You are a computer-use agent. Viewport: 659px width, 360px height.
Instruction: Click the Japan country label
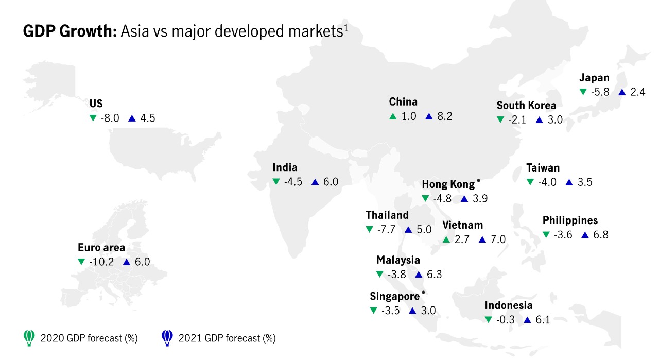click(594, 78)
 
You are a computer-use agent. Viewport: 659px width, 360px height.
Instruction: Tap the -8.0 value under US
click(110, 118)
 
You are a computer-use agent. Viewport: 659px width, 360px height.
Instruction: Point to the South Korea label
click(526, 106)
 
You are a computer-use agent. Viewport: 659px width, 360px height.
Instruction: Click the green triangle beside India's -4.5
click(276, 182)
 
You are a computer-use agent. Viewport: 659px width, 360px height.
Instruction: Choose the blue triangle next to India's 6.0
click(315, 182)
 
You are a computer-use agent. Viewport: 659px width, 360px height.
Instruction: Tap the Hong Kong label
click(448, 184)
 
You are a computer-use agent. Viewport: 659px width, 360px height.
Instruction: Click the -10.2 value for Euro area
click(101, 262)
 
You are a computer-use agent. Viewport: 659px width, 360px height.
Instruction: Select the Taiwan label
click(543, 168)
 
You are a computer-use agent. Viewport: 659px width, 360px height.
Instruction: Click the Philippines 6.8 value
click(600, 235)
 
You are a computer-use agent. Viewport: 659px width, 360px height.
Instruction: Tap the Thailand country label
click(387, 215)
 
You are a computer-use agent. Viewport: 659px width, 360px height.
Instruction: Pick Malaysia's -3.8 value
click(398, 275)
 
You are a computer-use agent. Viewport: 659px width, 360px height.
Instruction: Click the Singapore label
click(394, 296)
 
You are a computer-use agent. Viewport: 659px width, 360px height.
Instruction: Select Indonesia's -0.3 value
click(506, 320)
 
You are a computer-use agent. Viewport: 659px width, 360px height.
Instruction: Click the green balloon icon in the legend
click(29, 337)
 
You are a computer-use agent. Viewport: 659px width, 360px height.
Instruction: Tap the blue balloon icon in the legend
click(167, 337)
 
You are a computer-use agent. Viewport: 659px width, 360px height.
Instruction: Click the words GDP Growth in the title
click(70, 31)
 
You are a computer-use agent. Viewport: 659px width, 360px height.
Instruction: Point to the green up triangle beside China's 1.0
click(393, 116)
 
